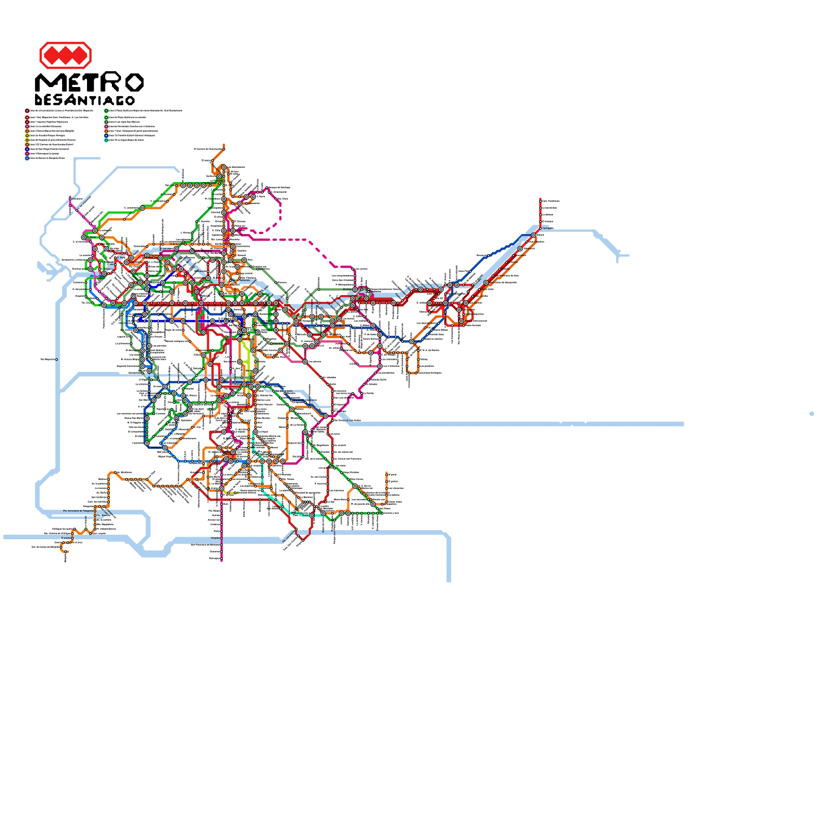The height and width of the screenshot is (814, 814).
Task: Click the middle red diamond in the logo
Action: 65,55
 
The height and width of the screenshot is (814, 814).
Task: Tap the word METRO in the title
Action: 89,82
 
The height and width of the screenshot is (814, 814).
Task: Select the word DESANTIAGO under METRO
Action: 84,100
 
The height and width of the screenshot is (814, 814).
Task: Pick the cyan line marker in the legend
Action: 106,140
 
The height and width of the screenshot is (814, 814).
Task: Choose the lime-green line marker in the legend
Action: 27,135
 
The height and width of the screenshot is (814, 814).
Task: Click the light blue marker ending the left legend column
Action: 27,158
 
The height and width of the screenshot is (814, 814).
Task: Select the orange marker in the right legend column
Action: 106,131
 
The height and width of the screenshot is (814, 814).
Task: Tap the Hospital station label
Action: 216,537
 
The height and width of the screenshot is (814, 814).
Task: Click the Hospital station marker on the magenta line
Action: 222,537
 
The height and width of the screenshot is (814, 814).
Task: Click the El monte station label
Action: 66,538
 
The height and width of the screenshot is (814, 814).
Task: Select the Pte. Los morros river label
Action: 288,537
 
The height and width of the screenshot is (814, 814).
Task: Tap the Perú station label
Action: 250,260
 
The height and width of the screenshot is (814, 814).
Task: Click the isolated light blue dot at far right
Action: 811,414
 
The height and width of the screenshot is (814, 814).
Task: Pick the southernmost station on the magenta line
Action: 222,560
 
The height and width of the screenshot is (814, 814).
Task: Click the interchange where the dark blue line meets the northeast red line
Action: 534,235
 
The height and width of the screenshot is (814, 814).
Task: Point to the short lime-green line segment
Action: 246,356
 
